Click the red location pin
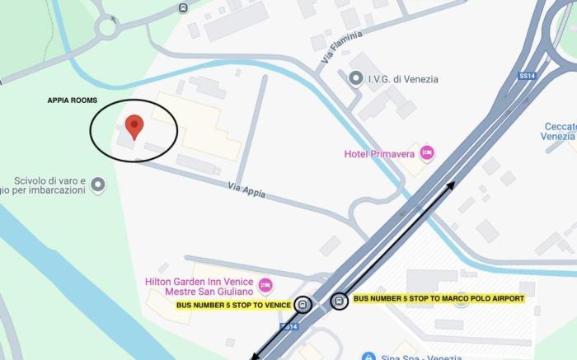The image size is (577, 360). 134,127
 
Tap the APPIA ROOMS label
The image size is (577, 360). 72,101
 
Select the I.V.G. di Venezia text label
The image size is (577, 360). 403,79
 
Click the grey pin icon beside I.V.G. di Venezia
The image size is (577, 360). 356,78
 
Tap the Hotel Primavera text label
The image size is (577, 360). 378,152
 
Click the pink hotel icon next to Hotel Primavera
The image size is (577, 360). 426,152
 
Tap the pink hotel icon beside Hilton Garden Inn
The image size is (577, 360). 265,286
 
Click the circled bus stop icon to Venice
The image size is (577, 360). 304,305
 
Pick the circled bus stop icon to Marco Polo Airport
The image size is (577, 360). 339,302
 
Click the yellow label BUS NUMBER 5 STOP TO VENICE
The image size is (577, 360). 233,305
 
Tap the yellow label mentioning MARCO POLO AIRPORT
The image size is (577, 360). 439,298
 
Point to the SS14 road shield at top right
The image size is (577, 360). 527,75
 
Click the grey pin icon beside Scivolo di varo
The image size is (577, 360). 98,185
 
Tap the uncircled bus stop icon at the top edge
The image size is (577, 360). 182,8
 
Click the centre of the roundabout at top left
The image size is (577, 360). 106,27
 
